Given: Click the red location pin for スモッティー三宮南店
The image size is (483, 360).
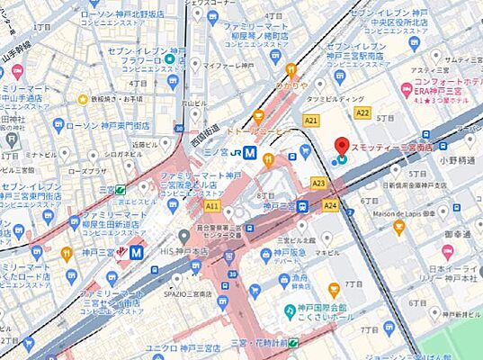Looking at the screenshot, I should pyautogui.click(x=342, y=145).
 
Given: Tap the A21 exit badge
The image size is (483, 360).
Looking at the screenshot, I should pyautogui.click(x=311, y=120).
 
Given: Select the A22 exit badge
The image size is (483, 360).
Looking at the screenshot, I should pyautogui.click(x=362, y=112).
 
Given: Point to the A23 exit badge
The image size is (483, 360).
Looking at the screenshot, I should pyautogui.click(x=318, y=183).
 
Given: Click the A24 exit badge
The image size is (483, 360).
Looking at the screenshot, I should pyautogui.click(x=330, y=205).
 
